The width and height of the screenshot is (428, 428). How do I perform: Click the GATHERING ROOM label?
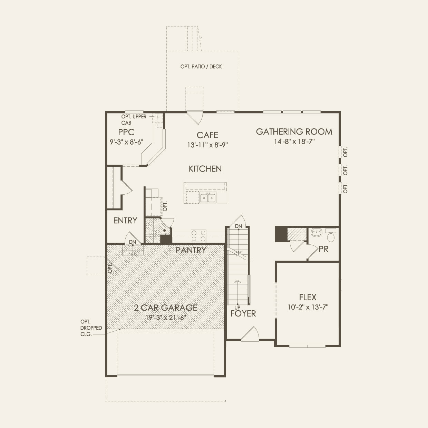click(294, 132)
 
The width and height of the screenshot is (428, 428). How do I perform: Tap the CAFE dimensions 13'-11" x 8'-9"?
click(207, 145)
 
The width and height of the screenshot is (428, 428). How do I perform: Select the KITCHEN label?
click(205, 169)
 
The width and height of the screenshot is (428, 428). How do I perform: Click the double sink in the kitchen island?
click(208, 198)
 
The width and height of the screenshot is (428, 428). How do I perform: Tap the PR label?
click(323, 249)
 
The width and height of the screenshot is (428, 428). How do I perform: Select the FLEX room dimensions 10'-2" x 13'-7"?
click(308, 307)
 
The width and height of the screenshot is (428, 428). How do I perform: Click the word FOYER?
click(243, 314)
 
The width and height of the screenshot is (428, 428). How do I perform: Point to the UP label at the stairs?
click(237, 308)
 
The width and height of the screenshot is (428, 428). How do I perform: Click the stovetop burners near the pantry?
click(198, 236)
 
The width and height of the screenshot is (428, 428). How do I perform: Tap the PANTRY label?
click(191, 250)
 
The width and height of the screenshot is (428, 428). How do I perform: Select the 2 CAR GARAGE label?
click(165, 308)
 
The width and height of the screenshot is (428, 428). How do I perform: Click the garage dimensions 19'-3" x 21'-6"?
click(165, 318)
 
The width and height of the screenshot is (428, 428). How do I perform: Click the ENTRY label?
click(125, 221)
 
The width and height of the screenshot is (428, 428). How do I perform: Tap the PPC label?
click(126, 132)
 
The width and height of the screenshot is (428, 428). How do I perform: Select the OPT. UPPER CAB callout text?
click(134, 120)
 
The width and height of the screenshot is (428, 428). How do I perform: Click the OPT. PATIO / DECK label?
click(201, 67)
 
